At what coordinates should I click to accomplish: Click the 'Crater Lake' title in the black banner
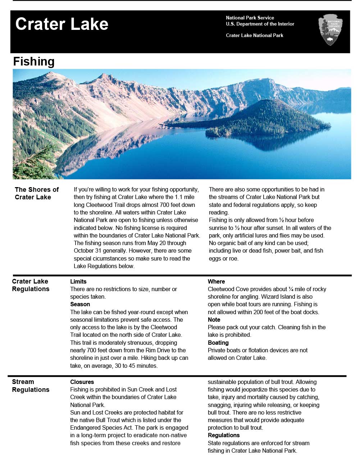(x=61, y=24)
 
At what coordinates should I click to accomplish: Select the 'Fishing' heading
(x=34, y=62)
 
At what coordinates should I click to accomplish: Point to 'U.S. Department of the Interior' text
(x=260, y=24)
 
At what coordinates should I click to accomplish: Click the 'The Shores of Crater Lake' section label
(x=37, y=193)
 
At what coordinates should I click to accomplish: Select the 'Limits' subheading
(x=78, y=281)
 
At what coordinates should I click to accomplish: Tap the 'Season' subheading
(x=80, y=304)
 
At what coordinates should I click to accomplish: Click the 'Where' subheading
(x=216, y=281)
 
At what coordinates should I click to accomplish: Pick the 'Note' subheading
(x=214, y=320)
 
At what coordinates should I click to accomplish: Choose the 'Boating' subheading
(x=218, y=343)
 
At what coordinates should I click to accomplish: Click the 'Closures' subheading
(x=82, y=382)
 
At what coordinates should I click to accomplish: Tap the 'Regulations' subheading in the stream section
(x=224, y=435)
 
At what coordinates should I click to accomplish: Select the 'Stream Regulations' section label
(x=31, y=386)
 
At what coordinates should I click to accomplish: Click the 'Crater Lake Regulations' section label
(x=31, y=285)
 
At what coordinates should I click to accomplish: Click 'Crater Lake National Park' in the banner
(x=255, y=35)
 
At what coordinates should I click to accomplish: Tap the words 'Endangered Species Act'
(x=100, y=427)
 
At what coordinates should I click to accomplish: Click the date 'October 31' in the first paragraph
(x=87, y=250)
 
